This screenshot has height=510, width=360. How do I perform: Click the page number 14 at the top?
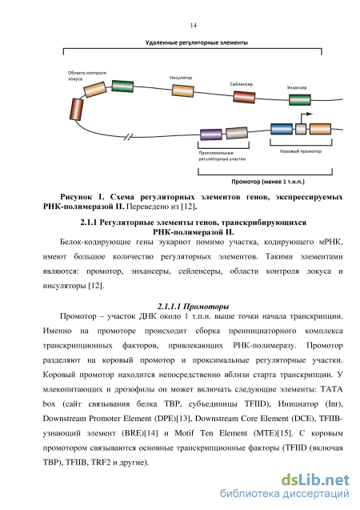194,26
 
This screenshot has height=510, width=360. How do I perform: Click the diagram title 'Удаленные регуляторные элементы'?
197,42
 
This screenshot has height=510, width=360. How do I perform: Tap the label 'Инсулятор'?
181,78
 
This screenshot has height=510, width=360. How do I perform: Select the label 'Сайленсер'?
241,84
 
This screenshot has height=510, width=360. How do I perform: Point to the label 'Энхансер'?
296,87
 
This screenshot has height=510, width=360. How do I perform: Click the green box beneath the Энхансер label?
299,100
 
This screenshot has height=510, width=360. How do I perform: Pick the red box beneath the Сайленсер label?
244,97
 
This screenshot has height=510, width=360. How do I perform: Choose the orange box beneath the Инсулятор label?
182,90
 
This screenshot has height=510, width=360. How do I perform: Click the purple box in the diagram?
211,135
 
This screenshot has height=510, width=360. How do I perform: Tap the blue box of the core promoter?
282,129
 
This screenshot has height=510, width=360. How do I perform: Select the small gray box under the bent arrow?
301,129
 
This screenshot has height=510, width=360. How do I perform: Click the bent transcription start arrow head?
310,114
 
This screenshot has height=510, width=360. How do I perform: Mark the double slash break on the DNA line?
129,137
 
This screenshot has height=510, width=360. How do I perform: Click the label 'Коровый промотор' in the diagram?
301,151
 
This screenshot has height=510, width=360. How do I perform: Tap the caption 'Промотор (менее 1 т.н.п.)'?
268,182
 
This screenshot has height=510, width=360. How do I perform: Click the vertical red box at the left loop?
77,110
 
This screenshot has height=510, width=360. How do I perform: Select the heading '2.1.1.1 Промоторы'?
194,307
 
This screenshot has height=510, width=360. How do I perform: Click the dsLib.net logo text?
315,480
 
